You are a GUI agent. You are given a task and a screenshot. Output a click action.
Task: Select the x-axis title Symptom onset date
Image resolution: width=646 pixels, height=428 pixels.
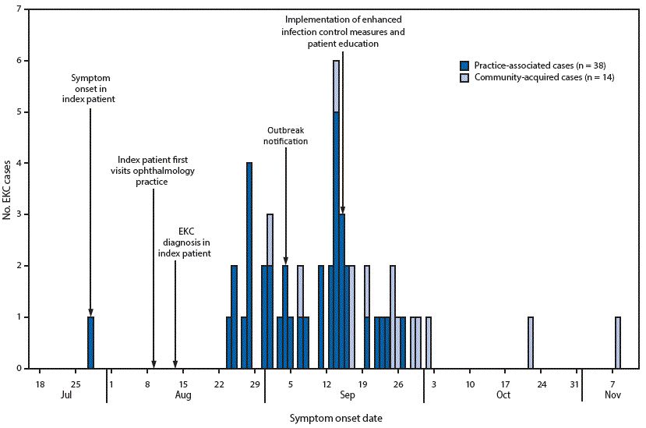click(336, 418)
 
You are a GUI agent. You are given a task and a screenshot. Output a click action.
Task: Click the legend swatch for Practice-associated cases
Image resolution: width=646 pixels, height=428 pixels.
click(464, 65)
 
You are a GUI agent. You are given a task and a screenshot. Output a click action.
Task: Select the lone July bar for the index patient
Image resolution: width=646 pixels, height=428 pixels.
click(90, 342)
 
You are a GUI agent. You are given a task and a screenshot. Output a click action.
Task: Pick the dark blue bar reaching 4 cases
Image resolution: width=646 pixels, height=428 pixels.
click(249, 265)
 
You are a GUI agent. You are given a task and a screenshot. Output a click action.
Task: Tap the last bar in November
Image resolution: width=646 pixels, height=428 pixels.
click(617, 342)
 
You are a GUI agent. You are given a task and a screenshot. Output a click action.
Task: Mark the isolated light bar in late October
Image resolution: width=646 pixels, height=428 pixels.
click(530, 342)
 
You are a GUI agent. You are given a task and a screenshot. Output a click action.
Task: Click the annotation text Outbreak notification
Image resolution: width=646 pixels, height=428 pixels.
click(287, 136)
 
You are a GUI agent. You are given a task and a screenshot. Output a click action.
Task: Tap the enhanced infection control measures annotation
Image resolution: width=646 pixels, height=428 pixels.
click(344, 31)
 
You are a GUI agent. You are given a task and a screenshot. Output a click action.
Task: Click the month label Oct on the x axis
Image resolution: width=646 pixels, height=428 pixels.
click(503, 395)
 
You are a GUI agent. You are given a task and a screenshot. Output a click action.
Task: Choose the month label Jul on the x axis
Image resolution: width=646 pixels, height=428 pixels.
click(66, 395)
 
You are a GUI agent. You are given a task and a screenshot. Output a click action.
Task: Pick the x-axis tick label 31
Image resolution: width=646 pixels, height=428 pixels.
click(575, 384)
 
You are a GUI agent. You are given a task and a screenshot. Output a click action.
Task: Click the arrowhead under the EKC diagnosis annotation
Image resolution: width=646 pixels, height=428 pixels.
click(175, 363)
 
